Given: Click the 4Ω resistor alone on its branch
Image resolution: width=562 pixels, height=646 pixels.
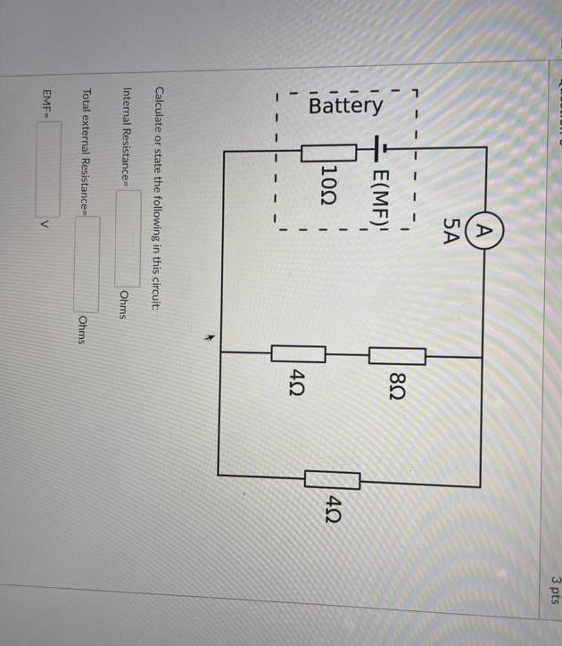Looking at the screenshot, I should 333,480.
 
